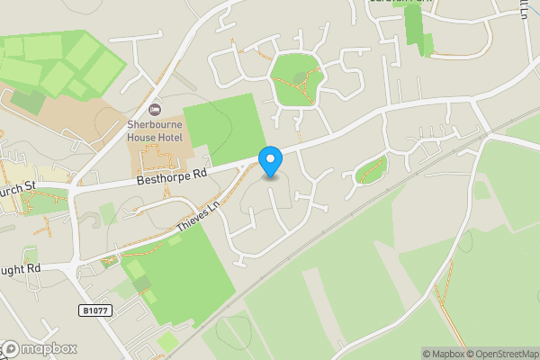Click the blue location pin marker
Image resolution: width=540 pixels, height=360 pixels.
tap(271, 161)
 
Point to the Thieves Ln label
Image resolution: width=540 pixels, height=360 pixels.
tap(198, 218)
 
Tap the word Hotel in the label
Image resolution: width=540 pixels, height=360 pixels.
tap(168, 138)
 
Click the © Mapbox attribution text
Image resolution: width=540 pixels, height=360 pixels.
tap(443, 354)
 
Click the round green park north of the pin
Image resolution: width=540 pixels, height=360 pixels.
tap(297, 79)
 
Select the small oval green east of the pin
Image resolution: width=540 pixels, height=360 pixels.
tap(371, 169)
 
